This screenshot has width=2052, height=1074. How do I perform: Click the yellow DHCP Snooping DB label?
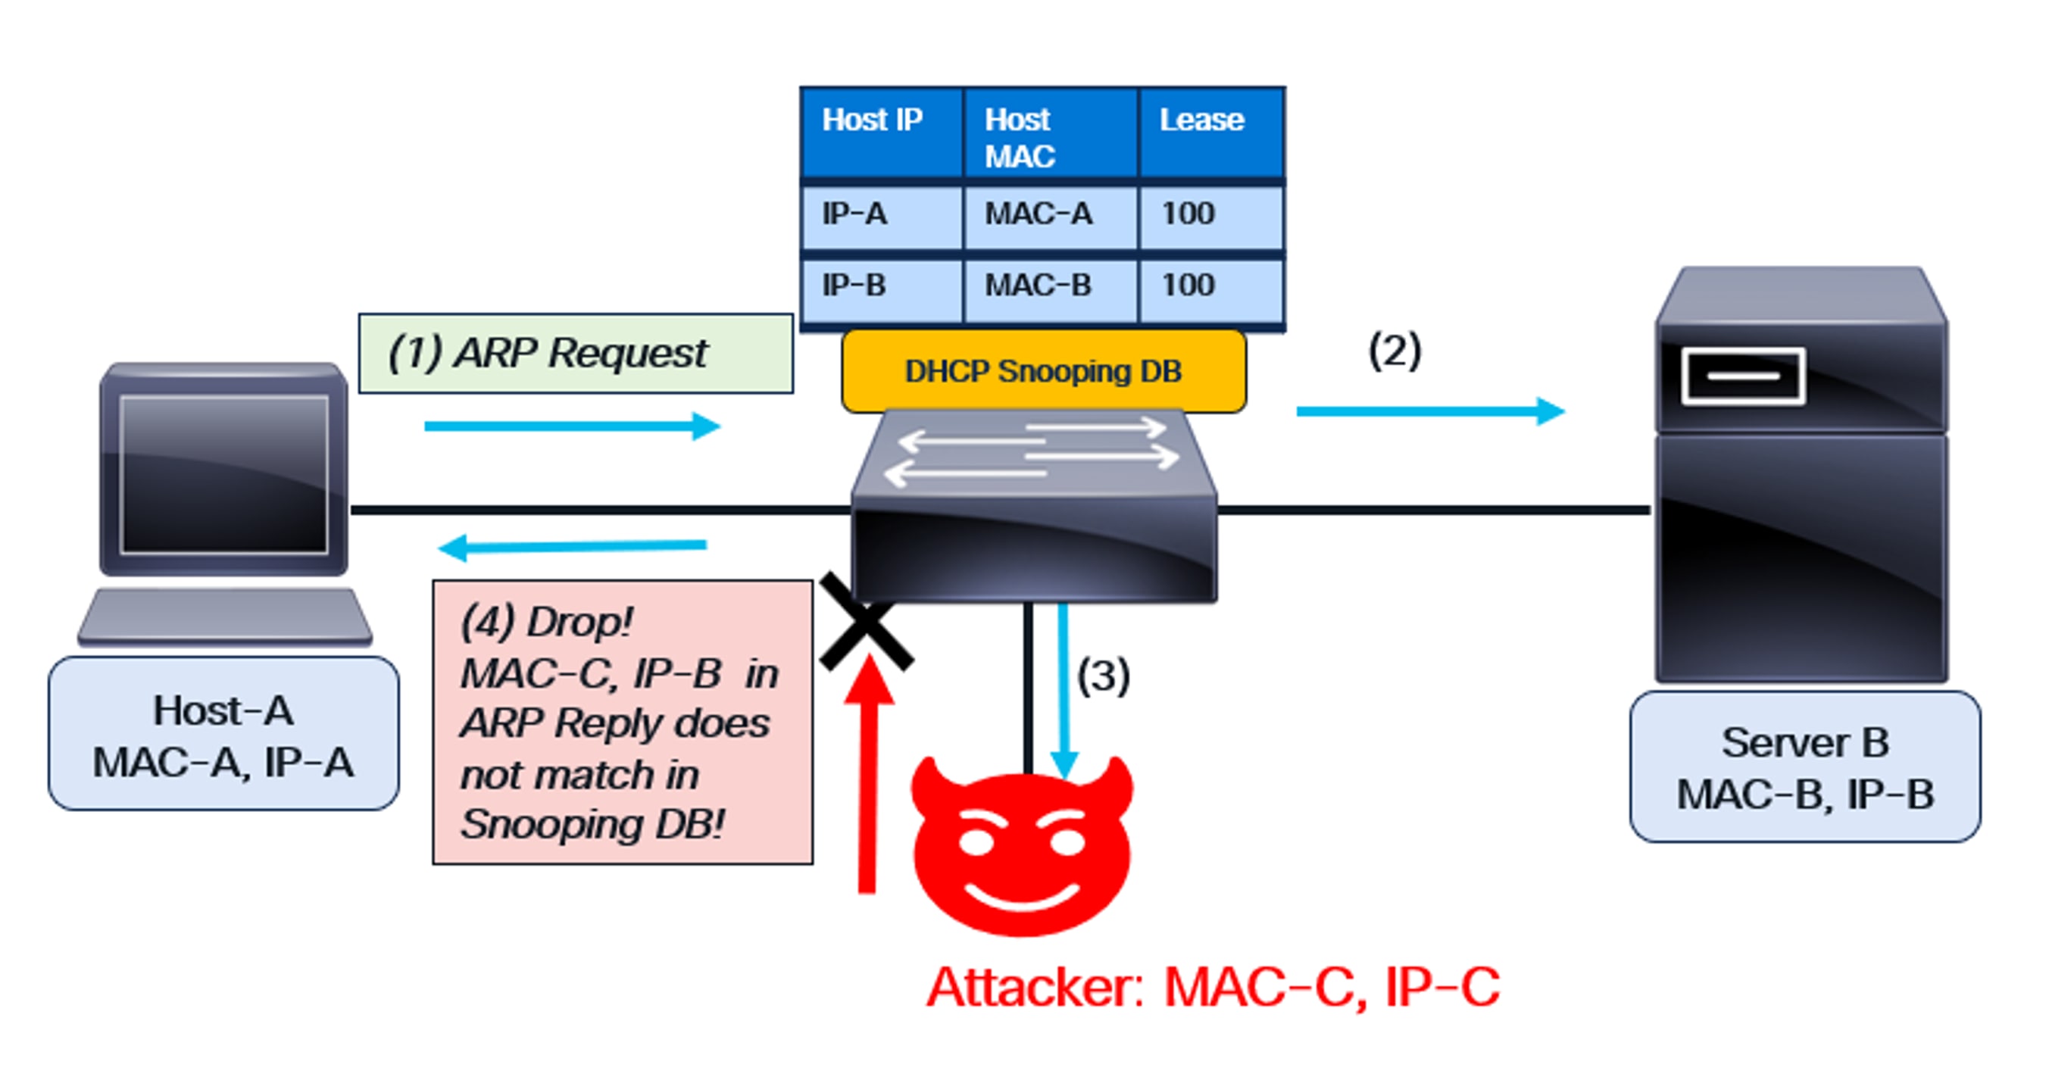[1044, 372]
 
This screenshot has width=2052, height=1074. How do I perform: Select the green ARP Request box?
[575, 354]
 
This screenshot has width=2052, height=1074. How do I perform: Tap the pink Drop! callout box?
[622, 722]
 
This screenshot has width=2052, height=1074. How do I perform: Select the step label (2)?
[1394, 351]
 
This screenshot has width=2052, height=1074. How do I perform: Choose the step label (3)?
[1104, 676]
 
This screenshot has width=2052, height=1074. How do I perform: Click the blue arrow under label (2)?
[1430, 412]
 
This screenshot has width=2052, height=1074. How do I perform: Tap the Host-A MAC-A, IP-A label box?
[223, 735]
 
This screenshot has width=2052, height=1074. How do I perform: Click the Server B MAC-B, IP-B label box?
[1804, 767]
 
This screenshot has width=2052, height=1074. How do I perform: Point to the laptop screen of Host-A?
[224, 474]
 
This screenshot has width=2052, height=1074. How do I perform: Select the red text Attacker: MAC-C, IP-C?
[1213, 988]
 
